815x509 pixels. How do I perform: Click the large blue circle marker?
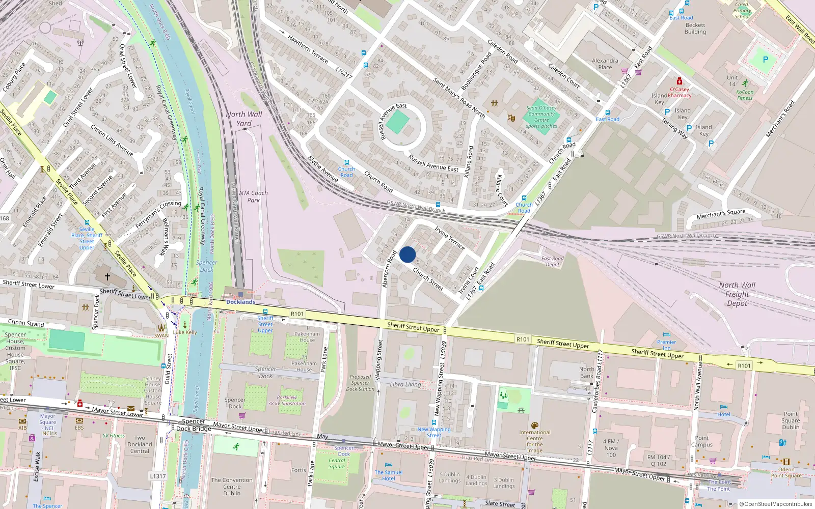[x=407, y=254]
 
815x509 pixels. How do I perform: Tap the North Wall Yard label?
[x=244, y=119]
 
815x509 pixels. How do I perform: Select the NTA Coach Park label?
[x=253, y=196]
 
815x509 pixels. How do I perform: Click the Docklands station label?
[x=240, y=302]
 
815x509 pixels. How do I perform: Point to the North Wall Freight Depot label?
[x=737, y=294]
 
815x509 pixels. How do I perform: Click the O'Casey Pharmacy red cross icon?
[x=679, y=81]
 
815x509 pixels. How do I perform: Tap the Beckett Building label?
[x=695, y=28]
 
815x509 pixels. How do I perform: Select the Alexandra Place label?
[x=605, y=64]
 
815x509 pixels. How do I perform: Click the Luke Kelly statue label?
[x=185, y=332]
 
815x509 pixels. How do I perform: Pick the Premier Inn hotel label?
[x=666, y=345]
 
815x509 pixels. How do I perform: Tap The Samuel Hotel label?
[x=389, y=475]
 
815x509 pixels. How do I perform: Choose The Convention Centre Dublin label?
[x=232, y=487]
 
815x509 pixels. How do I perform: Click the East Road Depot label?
[x=553, y=262]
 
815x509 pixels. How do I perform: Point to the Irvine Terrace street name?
[x=450, y=238]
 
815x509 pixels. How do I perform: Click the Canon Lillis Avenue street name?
[x=112, y=140]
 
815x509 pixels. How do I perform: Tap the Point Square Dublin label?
[x=791, y=420]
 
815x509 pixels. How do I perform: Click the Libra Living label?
[x=405, y=385]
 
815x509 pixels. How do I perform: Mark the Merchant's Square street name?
[x=721, y=214]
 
